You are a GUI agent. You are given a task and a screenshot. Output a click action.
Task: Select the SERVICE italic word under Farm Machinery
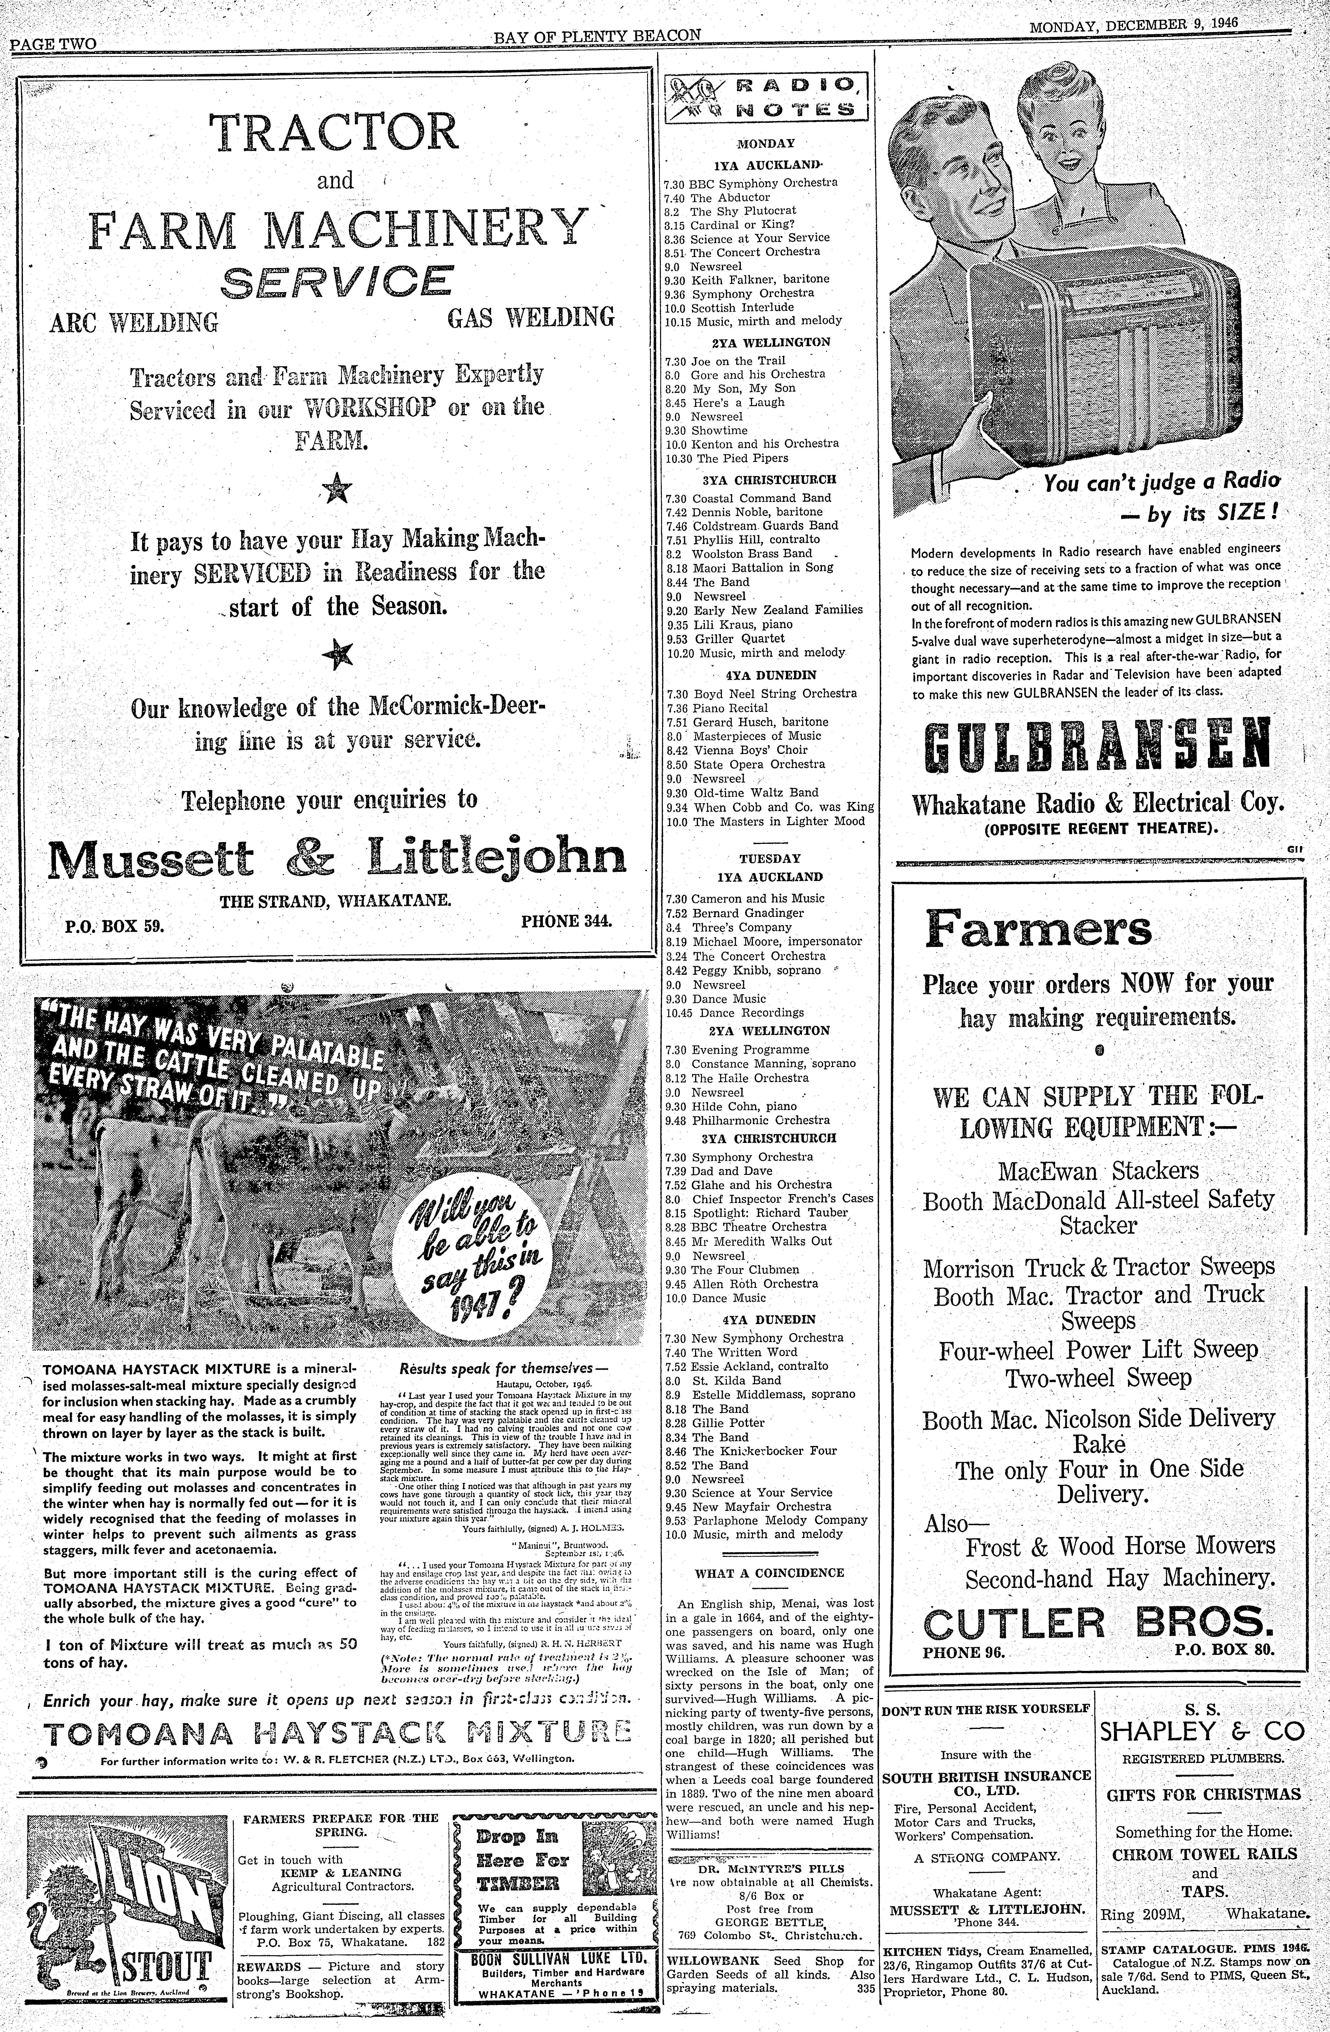(336, 283)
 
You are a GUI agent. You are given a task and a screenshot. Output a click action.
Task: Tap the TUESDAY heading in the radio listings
(769, 858)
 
